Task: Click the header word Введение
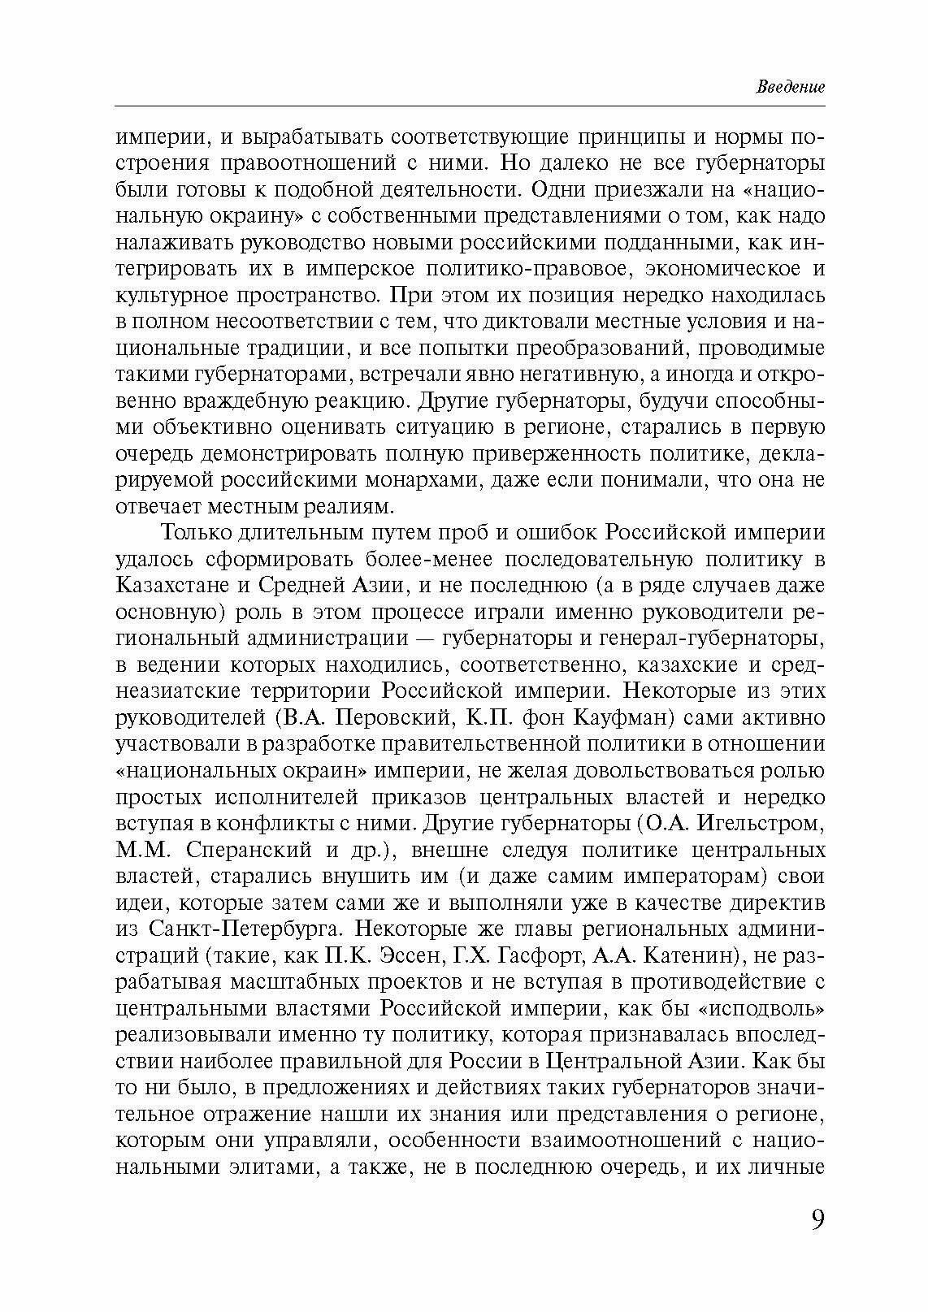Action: click(x=791, y=87)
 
